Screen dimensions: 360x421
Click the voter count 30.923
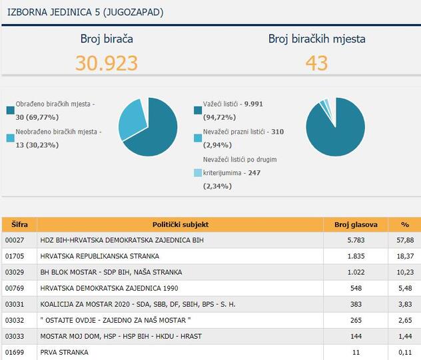tap(107, 63)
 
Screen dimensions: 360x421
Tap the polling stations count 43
tap(316, 63)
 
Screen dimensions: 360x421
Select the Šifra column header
tap(19, 224)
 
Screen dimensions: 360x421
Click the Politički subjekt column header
tap(180, 224)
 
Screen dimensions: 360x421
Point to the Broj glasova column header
tap(356, 224)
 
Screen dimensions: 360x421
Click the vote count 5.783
tap(356, 240)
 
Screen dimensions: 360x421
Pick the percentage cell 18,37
tap(404, 256)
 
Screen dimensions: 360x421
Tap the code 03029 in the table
tap(15, 272)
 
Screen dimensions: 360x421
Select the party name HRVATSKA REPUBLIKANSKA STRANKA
tap(100, 256)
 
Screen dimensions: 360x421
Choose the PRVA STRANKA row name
tap(64, 352)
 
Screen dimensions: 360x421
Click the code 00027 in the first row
tap(15, 240)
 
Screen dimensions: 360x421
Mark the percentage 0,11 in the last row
tap(404, 352)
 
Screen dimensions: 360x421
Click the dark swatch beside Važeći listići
tap(198, 110)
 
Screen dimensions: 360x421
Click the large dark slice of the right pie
tap(336, 130)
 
